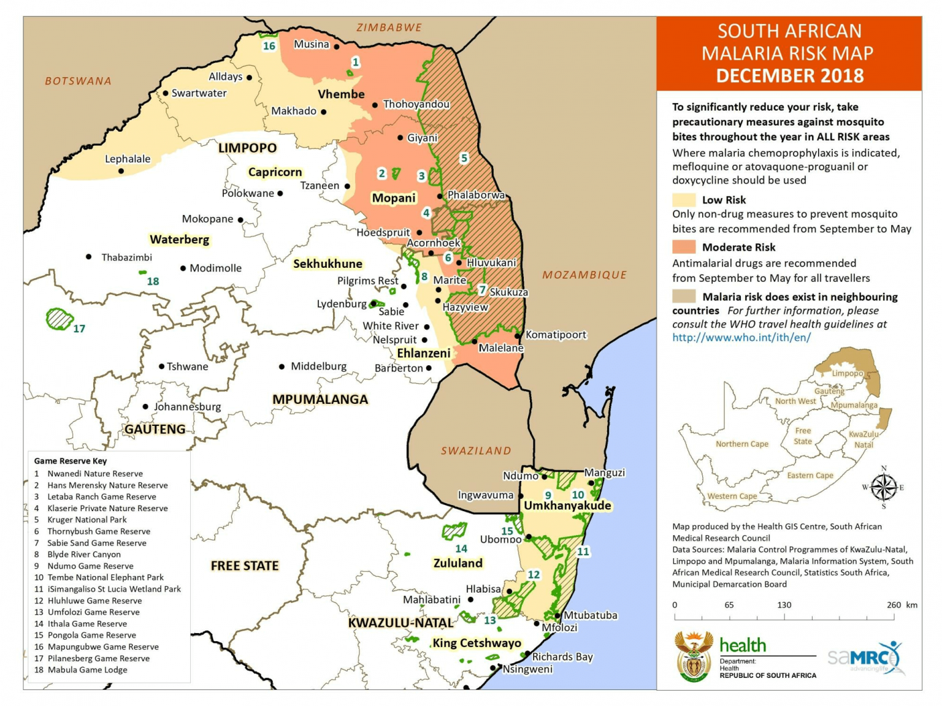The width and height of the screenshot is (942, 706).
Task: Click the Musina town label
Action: pos(312,44)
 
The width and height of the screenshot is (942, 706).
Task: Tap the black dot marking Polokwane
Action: pos(280,194)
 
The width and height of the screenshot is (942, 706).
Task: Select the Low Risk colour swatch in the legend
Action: pos(683,200)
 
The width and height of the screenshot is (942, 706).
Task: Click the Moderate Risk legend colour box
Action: pos(683,247)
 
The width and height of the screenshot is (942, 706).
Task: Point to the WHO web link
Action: pos(741,338)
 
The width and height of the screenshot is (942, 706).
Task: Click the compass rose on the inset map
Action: pos(883,488)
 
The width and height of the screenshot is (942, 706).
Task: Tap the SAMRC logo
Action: pos(865,658)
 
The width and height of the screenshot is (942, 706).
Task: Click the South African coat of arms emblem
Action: pos(694,656)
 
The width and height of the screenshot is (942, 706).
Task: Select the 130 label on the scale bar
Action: pos(784,605)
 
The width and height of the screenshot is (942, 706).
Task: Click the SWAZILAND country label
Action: pos(476,451)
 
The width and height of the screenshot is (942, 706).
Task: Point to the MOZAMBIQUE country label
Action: pos(584,275)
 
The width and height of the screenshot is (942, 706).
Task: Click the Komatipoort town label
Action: pos(556,335)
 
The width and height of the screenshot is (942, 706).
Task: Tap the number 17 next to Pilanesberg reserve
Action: pos(79,329)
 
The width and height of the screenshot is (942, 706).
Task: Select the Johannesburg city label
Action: pos(187,407)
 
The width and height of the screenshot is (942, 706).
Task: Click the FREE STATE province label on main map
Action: pos(245,566)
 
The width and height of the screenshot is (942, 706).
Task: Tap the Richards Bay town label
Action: pos(562,657)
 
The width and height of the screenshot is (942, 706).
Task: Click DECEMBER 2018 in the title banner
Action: pos(789,76)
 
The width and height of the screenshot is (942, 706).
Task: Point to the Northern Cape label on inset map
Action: pos(741,444)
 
